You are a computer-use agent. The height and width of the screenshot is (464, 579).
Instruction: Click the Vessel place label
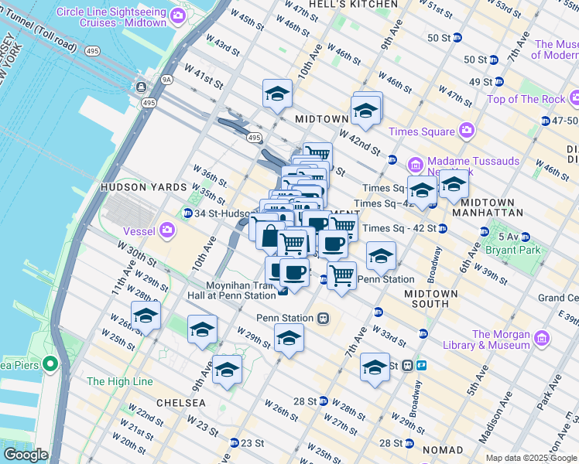(140, 230)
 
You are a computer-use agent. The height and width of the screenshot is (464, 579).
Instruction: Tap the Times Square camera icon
(467, 131)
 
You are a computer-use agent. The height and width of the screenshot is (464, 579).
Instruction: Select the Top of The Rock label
(523, 99)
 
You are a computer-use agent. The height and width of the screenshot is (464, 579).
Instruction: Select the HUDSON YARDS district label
(133, 187)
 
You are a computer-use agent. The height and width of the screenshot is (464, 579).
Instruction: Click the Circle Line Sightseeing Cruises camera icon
(179, 15)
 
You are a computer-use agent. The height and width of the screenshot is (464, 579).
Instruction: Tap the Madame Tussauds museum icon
(415, 164)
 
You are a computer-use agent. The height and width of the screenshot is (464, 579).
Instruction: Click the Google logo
(26, 455)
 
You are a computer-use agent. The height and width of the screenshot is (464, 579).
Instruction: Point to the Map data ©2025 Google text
(531, 458)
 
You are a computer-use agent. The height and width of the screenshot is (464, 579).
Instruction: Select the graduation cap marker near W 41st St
(277, 95)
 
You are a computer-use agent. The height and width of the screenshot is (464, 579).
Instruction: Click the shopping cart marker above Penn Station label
(341, 276)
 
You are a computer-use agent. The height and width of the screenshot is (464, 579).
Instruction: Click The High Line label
(115, 381)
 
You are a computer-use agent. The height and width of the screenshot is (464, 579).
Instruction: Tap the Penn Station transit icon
(324, 318)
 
